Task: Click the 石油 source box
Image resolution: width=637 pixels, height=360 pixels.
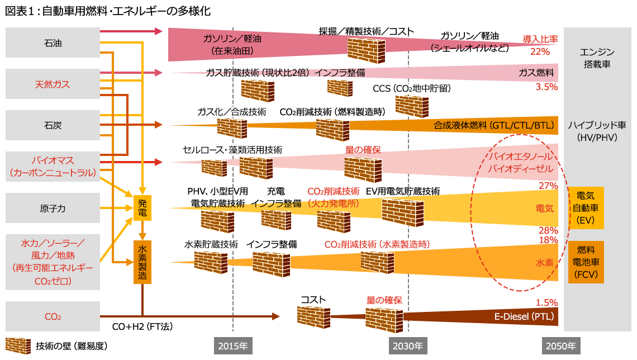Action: (53, 43)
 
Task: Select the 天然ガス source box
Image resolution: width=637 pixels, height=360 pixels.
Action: (53, 84)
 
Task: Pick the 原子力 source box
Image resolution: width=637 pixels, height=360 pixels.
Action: (53, 208)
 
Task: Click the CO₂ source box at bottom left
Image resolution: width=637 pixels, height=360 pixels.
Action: (53, 317)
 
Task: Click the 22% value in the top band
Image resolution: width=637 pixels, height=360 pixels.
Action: (540, 51)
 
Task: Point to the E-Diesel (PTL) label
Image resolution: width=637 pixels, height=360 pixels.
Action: (524, 317)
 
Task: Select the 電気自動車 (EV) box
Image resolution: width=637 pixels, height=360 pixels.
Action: (586, 209)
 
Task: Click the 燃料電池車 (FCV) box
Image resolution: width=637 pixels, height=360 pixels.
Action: (586, 262)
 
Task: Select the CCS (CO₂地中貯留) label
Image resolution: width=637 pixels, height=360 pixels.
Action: (411, 88)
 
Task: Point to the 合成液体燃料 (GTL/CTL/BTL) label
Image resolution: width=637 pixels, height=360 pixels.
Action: (493, 126)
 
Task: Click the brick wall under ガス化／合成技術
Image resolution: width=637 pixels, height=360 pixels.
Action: (228, 129)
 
